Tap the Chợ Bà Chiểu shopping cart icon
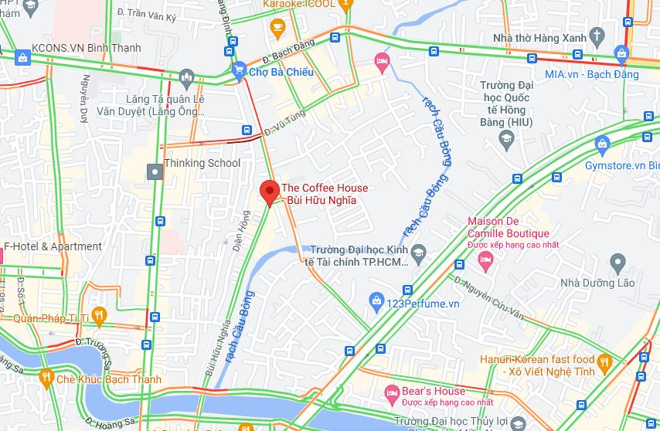pyautogui.click(x=239, y=71)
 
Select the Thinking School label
pyautogui.click(x=202, y=163)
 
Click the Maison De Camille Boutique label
pyautogui.click(x=508, y=228)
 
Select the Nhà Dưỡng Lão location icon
pyautogui.click(x=617, y=263)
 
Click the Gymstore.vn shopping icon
pyautogui.click(x=603, y=143)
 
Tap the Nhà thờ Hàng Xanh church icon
pyautogui.click(x=597, y=35)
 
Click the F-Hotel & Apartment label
pyautogui.click(x=53, y=246)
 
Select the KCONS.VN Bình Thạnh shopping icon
pyautogui.click(x=22, y=56)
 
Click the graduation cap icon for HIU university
pyautogui.click(x=507, y=140)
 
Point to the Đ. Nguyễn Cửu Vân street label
pyautogui.click(x=488, y=300)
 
